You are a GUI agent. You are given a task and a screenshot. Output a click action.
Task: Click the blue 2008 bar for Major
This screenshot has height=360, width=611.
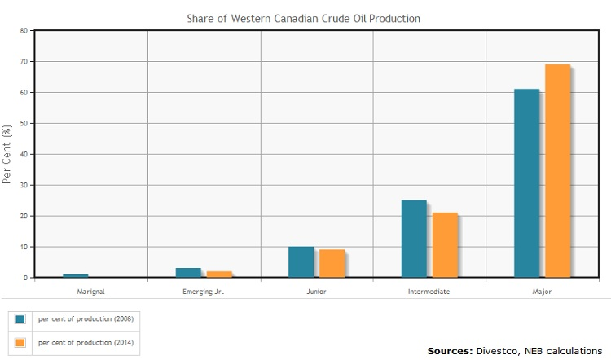(x=526, y=183)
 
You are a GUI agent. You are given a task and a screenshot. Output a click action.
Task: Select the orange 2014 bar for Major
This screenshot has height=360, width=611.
(x=557, y=171)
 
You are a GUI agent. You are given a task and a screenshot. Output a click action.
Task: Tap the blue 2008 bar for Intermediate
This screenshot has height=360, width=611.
(x=414, y=239)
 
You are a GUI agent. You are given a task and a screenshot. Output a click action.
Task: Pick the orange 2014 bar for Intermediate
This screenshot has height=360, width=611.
(x=445, y=245)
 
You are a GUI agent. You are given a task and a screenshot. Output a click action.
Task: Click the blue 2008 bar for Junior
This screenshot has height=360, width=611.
(x=301, y=261)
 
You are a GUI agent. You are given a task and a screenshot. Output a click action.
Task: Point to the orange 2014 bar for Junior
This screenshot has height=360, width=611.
(x=332, y=263)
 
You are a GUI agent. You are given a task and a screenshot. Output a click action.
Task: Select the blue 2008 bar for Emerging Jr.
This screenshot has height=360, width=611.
(x=188, y=273)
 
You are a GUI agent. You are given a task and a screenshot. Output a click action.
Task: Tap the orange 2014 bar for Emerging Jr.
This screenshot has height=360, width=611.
(x=219, y=274)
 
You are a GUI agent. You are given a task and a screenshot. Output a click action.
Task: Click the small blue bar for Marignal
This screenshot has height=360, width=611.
(x=76, y=276)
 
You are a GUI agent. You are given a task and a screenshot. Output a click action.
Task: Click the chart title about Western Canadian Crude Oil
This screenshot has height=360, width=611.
(x=305, y=17)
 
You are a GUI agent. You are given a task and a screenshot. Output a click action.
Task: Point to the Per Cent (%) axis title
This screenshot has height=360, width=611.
(x=7, y=154)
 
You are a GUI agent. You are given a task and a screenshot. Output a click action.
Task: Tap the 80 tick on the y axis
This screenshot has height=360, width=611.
(x=24, y=31)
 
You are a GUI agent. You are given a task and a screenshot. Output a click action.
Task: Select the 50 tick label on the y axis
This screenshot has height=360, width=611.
(x=24, y=124)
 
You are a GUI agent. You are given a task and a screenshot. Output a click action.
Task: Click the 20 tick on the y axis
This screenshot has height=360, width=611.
(x=24, y=216)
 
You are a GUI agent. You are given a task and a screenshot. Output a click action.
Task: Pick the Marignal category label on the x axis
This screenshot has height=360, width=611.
(x=90, y=291)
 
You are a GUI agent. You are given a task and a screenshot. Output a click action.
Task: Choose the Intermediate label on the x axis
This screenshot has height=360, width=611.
(x=429, y=291)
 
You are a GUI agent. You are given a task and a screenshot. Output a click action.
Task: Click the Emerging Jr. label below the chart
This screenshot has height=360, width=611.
(x=204, y=291)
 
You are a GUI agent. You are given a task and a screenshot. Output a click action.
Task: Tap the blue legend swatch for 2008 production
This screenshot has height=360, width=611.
(x=20, y=318)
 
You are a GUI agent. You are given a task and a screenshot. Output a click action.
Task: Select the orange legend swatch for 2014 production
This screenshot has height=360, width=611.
(x=20, y=342)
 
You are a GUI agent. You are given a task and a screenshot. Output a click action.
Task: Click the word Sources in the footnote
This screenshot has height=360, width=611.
(x=449, y=350)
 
